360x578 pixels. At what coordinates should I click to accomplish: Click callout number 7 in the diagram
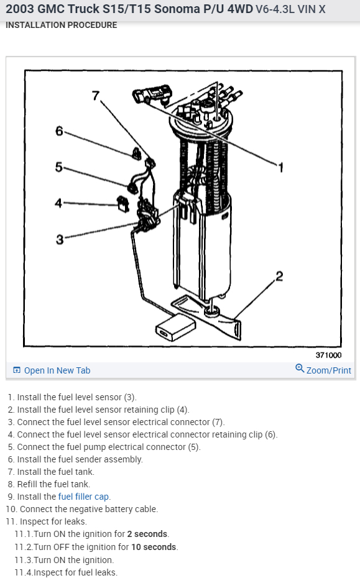click(96, 96)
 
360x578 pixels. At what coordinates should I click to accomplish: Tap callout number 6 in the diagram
click(59, 131)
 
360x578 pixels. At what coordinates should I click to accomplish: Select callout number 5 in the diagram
click(59, 167)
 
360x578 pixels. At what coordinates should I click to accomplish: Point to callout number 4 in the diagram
click(58, 203)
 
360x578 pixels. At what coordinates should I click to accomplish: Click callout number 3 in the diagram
click(60, 240)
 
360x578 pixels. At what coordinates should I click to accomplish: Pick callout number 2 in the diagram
click(279, 276)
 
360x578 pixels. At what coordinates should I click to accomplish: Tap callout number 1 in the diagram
click(281, 168)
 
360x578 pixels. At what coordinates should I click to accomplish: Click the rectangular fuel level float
click(175, 328)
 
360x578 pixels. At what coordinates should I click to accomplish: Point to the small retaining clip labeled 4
click(123, 204)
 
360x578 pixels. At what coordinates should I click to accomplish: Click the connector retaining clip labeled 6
click(136, 154)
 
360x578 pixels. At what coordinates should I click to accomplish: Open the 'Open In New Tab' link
click(57, 370)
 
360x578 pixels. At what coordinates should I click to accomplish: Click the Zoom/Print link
click(329, 370)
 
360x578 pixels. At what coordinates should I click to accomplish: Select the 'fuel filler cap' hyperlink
click(84, 497)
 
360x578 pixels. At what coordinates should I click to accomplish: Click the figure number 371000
click(329, 355)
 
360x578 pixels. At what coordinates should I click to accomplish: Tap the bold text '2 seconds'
click(147, 534)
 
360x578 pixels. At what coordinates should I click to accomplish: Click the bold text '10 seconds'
click(154, 547)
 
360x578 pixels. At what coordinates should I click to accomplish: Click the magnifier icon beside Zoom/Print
click(300, 368)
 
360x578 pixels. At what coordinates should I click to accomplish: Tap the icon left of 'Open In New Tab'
click(17, 370)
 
